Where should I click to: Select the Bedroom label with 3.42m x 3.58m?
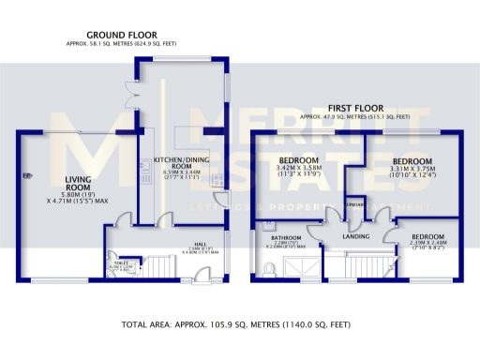pos(299,160)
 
